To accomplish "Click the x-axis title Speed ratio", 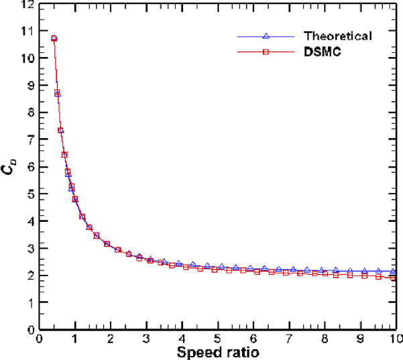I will coord(219,351).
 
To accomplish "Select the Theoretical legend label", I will coord(337,36).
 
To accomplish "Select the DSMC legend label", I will coord(323,52).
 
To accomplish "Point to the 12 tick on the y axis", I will coord(27,5).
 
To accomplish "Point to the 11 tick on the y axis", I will coord(27,31).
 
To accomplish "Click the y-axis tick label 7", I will coord(30,139).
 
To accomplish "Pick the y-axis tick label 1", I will coord(30,303).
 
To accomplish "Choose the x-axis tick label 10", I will coord(394,339).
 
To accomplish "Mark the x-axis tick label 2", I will coord(111,339).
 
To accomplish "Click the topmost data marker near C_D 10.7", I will coord(54,38).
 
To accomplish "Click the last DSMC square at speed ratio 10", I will coord(394,278).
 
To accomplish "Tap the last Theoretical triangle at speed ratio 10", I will coord(394,272).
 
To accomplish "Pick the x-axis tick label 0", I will coord(40,339).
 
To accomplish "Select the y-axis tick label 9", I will coord(30,85).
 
